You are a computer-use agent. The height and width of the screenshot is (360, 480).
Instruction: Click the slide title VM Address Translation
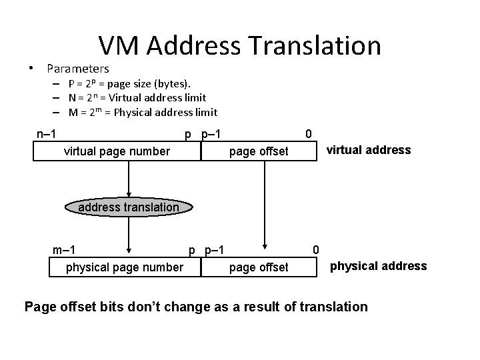click(x=239, y=45)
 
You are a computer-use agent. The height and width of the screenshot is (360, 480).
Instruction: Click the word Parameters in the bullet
click(x=77, y=69)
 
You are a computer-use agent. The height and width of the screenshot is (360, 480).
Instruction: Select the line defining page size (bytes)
click(x=129, y=84)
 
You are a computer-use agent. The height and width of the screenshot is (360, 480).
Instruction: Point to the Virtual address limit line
click(x=137, y=98)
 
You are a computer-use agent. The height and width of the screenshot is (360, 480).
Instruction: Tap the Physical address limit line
click(x=143, y=112)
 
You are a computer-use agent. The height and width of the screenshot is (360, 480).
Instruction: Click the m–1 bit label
click(x=63, y=251)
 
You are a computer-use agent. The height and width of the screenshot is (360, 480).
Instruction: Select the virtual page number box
click(x=117, y=151)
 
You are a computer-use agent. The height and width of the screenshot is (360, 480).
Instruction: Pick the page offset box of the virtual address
click(x=259, y=151)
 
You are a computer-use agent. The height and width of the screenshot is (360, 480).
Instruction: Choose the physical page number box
click(x=125, y=267)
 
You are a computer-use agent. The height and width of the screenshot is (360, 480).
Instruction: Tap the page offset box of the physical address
click(x=259, y=267)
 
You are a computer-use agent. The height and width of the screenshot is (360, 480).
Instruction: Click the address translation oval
click(x=129, y=207)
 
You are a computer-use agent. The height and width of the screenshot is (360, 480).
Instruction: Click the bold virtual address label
click(x=368, y=150)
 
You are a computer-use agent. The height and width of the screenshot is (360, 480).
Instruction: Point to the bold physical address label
click(x=379, y=266)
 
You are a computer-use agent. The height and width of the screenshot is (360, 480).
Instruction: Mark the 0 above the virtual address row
click(x=307, y=134)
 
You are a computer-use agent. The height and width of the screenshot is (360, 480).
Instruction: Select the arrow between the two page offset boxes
click(x=265, y=207)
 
